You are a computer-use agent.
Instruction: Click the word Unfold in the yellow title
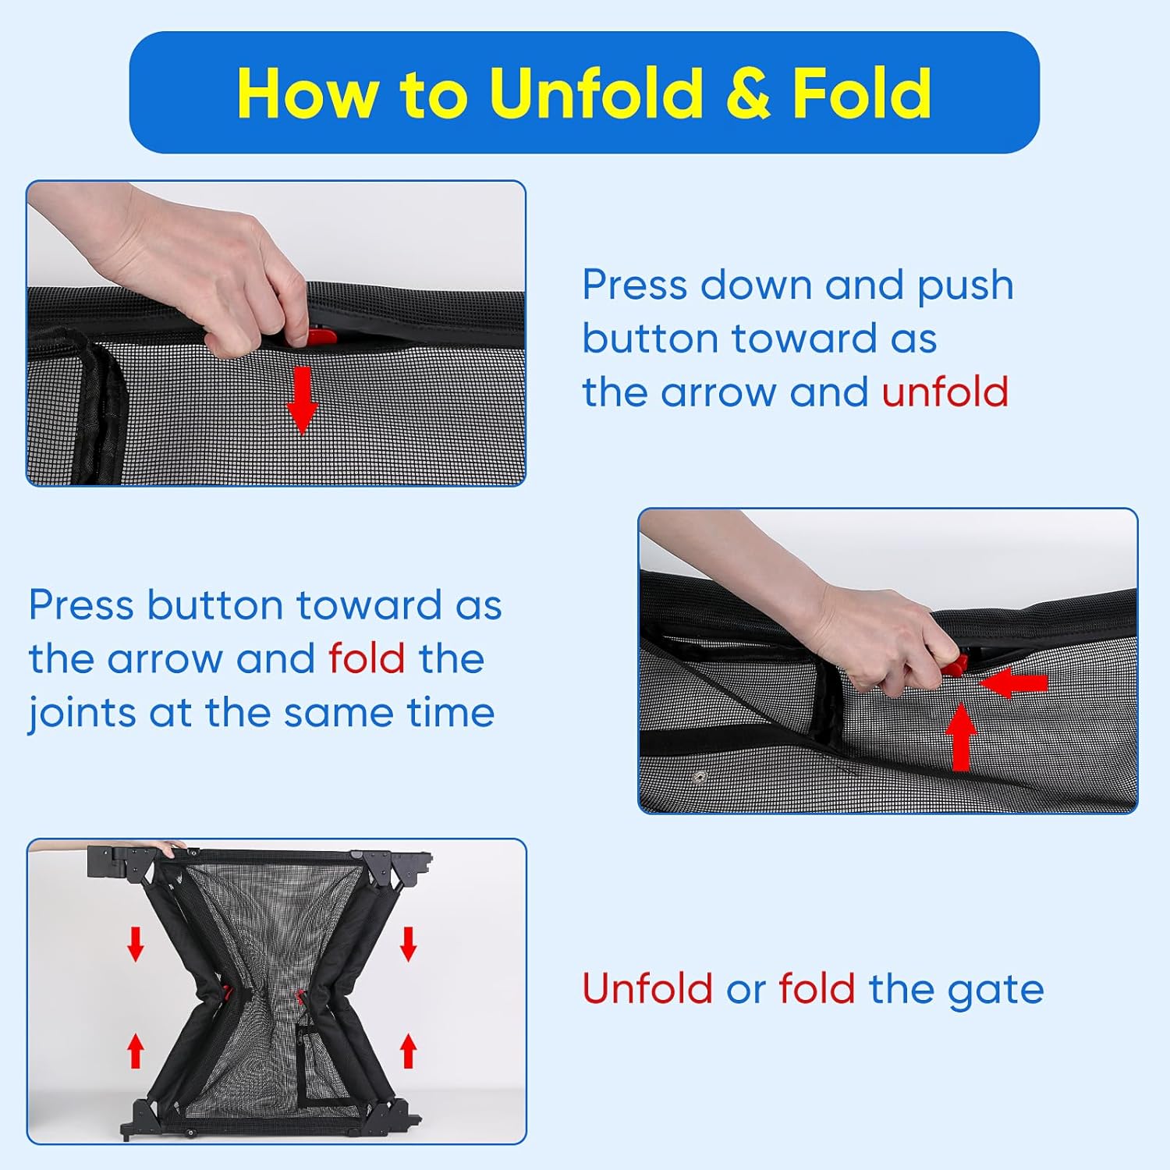(x=597, y=93)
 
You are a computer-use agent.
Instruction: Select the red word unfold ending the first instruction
(x=945, y=392)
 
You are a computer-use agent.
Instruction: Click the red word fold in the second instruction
(x=367, y=658)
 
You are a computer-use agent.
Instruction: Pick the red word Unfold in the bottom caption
(x=647, y=989)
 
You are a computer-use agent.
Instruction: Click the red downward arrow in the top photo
(x=302, y=400)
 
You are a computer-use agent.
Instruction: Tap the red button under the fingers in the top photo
(x=321, y=337)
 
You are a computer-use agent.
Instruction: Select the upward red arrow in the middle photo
(x=962, y=737)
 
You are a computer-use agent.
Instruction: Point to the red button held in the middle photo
(x=955, y=665)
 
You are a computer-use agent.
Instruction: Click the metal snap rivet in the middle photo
(x=700, y=778)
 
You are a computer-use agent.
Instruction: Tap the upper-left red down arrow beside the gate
(x=136, y=944)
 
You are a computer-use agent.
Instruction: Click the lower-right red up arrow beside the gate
(x=408, y=1050)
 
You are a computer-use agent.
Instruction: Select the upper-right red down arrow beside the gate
(x=408, y=944)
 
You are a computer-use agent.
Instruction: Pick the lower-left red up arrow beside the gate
(x=136, y=1050)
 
